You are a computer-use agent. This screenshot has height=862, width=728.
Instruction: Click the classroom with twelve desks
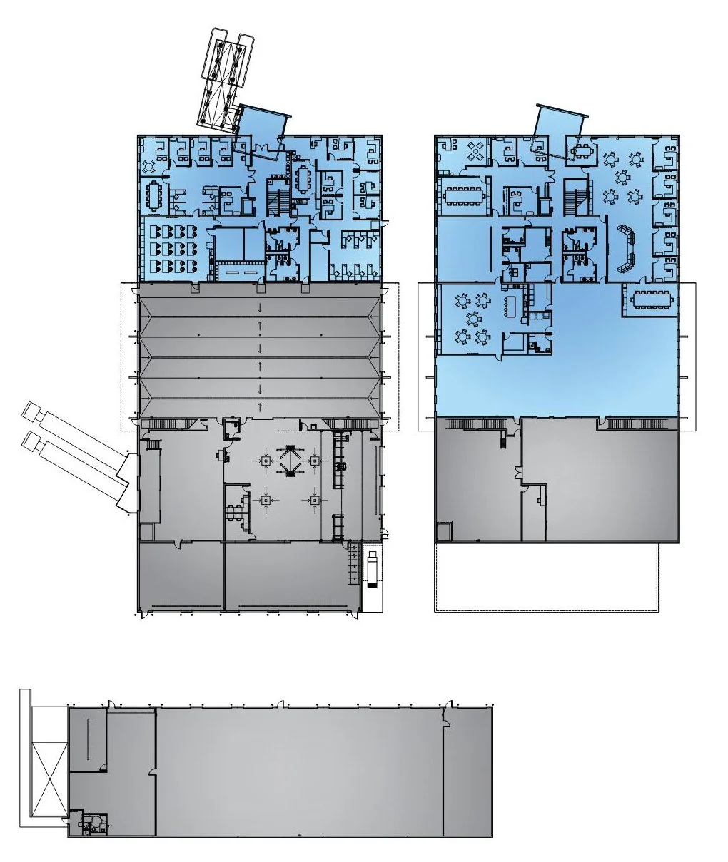(172, 248)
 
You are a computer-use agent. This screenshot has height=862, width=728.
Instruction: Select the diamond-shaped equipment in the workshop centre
(290, 460)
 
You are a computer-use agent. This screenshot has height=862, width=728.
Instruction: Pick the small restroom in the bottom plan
(93, 823)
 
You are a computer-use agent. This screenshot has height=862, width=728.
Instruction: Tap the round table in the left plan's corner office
(149, 165)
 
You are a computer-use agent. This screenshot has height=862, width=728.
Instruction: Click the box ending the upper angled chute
(30, 410)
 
